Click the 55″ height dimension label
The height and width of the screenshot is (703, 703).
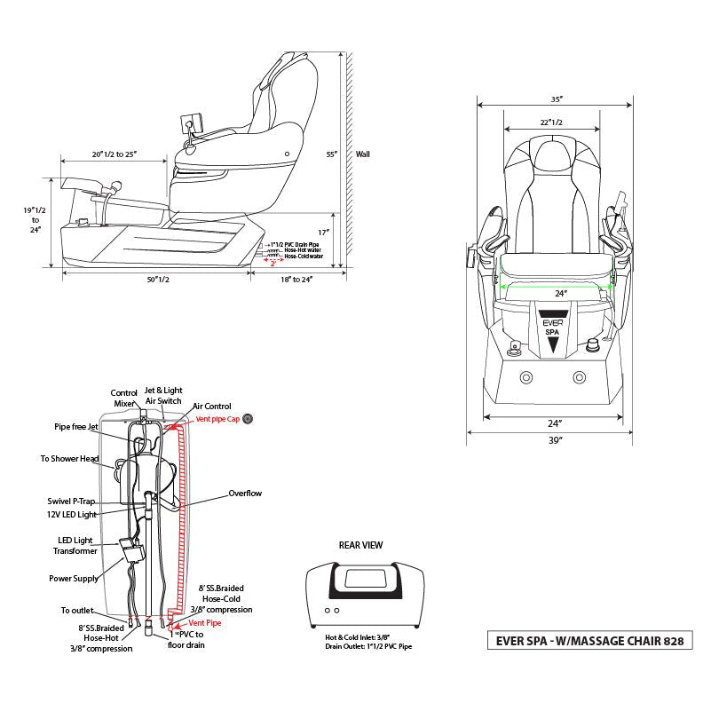pyautogui.click(x=331, y=154)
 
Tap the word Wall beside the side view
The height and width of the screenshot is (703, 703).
pyautogui.click(x=362, y=154)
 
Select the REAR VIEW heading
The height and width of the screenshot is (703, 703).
pyautogui.click(x=359, y=546)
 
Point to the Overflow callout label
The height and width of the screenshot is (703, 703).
pyautogui.click(x=245, y=494)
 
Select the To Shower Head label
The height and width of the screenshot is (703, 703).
pyautogui.click(x=68, y=459)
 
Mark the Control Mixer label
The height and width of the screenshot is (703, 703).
pyautogui.click(x=123, y=398)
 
